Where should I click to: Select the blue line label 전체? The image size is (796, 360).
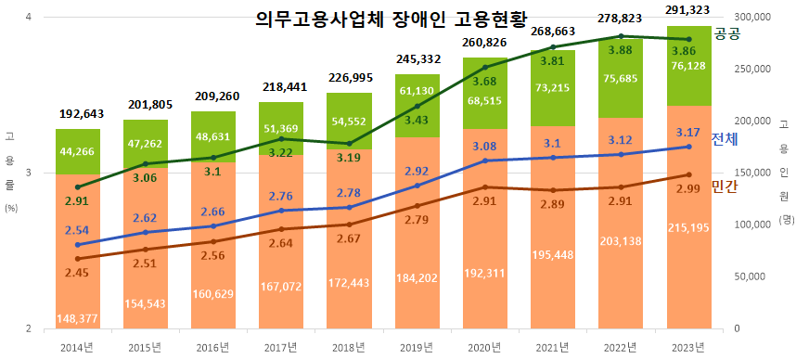click(x=724, y=140)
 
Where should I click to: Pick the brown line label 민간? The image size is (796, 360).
click(x=724, y=186)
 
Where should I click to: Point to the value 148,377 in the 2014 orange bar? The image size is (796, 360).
click(x=77, y=318)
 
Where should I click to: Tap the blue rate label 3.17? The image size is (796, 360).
click(x=687, y=133)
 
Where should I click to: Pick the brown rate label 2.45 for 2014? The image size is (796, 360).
click(x=77, y=273)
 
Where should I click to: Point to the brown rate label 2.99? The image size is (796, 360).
click(x=687, y=189)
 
